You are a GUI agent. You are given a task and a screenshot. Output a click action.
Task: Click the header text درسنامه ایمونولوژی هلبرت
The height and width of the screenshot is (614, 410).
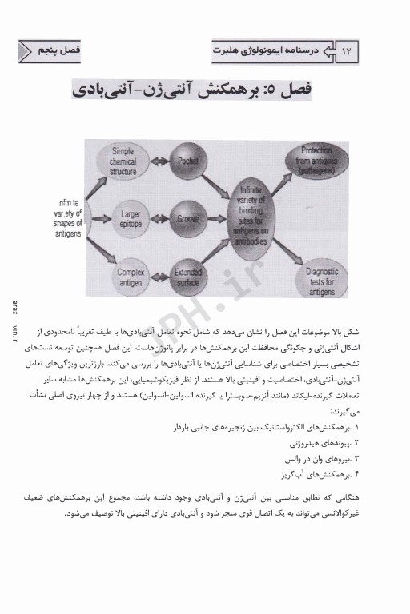pyautogui.click(x=271, y=51)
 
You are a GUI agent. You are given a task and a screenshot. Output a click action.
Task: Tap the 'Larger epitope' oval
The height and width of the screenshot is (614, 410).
pyautogui.click(x=124, y=217)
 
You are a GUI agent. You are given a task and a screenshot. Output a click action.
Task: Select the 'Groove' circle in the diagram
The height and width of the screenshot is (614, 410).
pyautogui.click(x=188, y=217)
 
